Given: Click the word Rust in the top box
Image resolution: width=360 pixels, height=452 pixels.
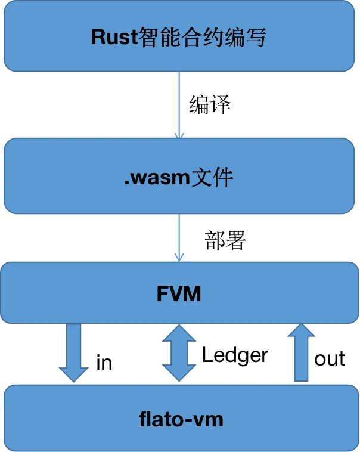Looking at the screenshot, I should coord(114,37).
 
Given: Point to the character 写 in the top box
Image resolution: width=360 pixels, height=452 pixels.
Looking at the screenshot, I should coord(254,37).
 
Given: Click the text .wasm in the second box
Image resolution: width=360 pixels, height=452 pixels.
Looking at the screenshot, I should coord(157,178).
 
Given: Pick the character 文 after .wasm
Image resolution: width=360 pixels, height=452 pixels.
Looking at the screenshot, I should coord(202,178).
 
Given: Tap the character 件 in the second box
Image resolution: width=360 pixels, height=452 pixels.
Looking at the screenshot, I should coord(222,178).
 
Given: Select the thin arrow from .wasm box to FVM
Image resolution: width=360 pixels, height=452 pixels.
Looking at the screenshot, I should coord(179,236).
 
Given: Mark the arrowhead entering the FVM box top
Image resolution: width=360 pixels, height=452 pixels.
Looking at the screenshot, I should coord(179,258).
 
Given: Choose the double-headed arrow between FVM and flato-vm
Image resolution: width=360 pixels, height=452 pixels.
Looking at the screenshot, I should coord(179,353).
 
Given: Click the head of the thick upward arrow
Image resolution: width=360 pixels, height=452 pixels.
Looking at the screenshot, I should coord(302,331).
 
